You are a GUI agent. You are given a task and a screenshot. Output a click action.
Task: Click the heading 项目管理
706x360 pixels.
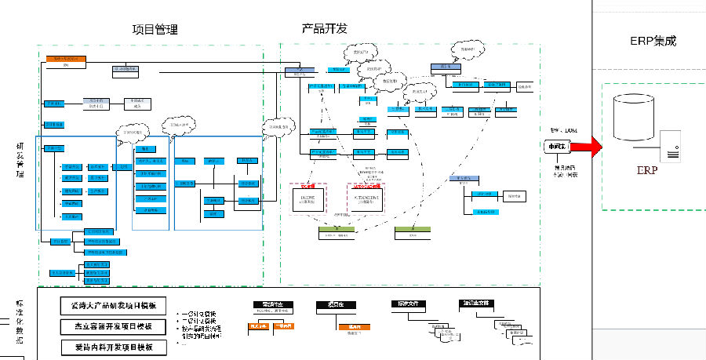click(155, 30)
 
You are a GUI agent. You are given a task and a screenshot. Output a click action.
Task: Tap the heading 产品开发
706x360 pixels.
click(324, 29)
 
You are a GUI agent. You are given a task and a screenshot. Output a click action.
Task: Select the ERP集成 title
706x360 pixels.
click(653, 41)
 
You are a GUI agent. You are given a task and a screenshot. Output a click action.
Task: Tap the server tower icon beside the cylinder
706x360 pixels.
click(669, 146)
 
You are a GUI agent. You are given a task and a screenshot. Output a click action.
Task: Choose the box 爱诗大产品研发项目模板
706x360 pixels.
click(113, 305)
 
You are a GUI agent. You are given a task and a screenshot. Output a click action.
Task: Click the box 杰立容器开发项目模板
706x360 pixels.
click(113, 325)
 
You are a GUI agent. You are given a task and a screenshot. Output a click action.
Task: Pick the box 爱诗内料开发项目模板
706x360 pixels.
click(113, 346)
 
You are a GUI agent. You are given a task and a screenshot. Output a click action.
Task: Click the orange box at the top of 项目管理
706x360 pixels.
click(65, 59)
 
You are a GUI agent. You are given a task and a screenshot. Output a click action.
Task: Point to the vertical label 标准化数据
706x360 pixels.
click(20, 322)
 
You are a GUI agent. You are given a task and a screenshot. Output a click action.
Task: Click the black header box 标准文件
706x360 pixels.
click(407, 303)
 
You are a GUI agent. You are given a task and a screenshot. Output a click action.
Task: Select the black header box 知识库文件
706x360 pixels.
click(477, 303)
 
